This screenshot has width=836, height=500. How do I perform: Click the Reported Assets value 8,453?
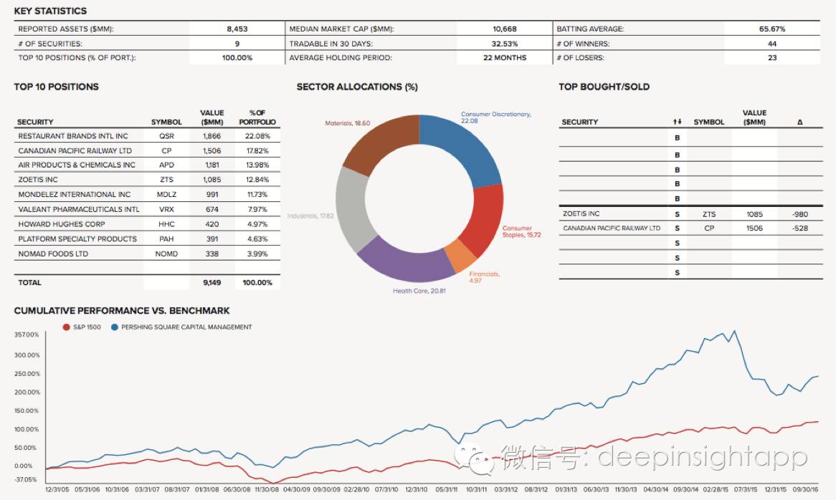click(x=236, y=29)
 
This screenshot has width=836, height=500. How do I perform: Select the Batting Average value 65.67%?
click(x=772, y=29)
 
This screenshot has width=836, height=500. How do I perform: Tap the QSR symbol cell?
click(x=166, y=136)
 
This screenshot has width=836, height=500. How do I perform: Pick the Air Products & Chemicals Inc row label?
click(x=77, y=165)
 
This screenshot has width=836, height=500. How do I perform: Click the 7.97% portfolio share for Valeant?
click(x=257, y=210)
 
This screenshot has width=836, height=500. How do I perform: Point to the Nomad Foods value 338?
click(x=212, y=254)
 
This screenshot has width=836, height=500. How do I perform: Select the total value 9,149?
click(x=212, y=283)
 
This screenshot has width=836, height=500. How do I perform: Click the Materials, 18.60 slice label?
click(x=348, y=123)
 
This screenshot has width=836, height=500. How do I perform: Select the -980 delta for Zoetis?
click(x=799, y=213)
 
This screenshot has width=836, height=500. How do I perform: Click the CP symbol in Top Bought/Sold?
click(x=708, y=229)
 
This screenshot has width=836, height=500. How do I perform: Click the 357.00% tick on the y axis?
click(x=27, y=335)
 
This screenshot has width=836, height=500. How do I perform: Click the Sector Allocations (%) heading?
click(x=357, y=87)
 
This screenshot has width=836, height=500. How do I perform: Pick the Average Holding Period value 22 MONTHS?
click(x=504, y=58)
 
